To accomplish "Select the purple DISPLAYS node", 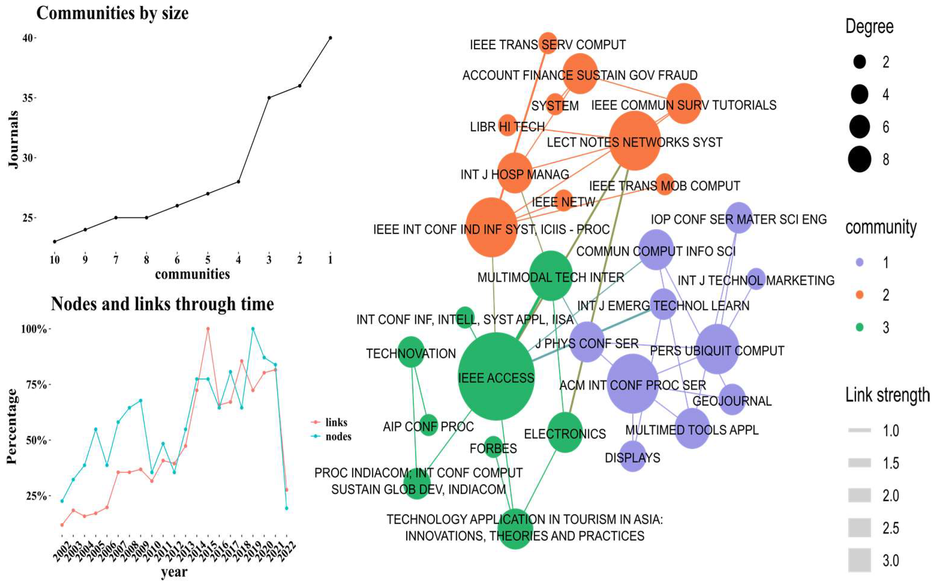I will (633, 456).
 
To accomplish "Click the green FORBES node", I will (493, 447).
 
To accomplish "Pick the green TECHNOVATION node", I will (411, 352).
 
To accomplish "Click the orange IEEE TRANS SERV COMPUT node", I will (548, 43).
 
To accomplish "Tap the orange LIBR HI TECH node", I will (507, 125).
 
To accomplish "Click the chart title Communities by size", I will (112, 13).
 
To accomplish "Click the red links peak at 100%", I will (208, 329).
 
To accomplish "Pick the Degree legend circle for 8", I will (859, 159).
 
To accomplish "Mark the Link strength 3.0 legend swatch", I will (859, 560).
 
